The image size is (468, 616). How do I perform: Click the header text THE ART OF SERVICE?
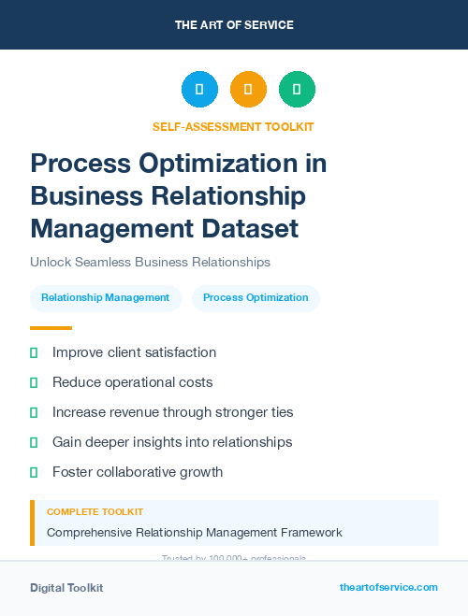pyautogui.click(x=234, y=24)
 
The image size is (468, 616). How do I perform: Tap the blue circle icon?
pyautogui.click(x=199, y=90)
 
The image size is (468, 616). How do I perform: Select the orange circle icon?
pyautogui.click(x=248, y=90)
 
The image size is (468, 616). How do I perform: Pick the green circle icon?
pyautogui.click(x=297, y=90)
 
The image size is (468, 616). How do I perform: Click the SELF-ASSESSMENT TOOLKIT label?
pyautogui.click(x=233, y=126)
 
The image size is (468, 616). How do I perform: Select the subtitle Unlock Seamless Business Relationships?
pyautogui.click(x=150, y=262)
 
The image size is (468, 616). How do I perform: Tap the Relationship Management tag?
pyautogui.click(x=105, y=298)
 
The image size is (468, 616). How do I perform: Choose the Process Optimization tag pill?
pyautogui.click(x=256, y=298)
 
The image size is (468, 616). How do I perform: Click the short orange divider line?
pyautogui.click(x=51, y=328)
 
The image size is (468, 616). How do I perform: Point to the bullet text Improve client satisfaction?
pyautogui.click(x=134, y=352)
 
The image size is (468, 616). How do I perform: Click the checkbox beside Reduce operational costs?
pyautogui.click(x=34, y=382)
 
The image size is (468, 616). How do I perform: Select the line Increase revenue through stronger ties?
pyautogui.click(x=172, y=412)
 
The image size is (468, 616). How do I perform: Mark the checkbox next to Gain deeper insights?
pyautogui.click(x=34, y=442)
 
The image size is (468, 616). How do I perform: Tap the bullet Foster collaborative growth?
pyautogui.click(x=138, y=472)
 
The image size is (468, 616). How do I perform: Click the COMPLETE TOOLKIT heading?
pyautogui.click(x=95, y=512)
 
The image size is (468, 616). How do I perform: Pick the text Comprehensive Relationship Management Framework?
pyautogui.click(x=194, y=533)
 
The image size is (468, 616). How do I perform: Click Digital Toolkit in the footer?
pyautogui.click(x=66, y=588)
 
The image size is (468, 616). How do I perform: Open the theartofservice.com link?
pyautogui.click(x=388, y=587)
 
